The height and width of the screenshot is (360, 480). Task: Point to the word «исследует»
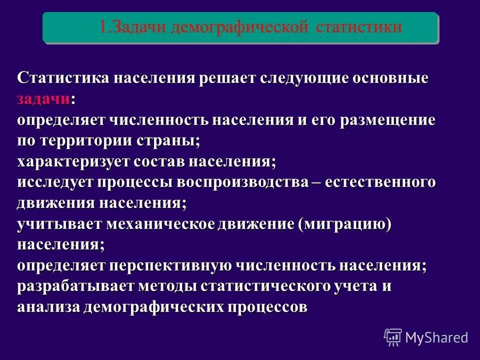[55, 182]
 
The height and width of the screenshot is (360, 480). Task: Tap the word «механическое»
[160, 224]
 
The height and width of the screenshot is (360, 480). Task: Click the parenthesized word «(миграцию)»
[344, 224]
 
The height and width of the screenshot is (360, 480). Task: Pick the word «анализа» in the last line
[48, 307]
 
